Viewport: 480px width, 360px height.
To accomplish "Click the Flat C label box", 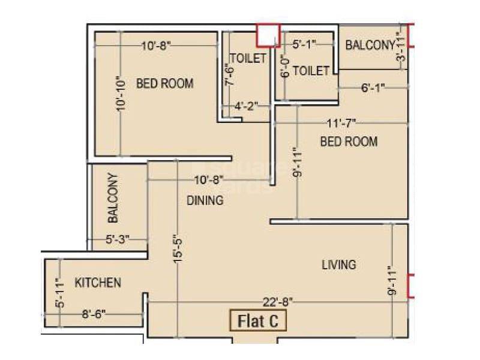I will pyautogui.click(x=259, y=320).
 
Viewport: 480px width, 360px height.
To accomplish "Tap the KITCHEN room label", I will pyautogui.click(x=98, y=282).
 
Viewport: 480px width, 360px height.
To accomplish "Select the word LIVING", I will pyautogui.click(x=338, y=264).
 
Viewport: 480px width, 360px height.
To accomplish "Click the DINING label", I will pyautogui.click(x=205, y=200).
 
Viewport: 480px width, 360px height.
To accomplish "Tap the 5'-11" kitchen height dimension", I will pyautogui.click(x=59, y=293).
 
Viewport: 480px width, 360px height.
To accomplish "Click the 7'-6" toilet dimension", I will pyautogui.click(x=228, y=76).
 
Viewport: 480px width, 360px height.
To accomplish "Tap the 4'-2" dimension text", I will pyautogui.click(x=246, y=106).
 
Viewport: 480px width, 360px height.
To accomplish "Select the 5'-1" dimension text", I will pyautogui.click(x=304, y=44).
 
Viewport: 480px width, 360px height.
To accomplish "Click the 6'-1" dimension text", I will pyautogui.click(x=373, y=88).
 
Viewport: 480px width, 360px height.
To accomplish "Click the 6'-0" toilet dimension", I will pyautogui.click(x=286, y=66).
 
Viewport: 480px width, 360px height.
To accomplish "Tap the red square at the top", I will pyautogui.click(x=268, y=35).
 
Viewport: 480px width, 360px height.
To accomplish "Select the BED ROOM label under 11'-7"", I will pyautogui.click(x=349, y=142).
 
